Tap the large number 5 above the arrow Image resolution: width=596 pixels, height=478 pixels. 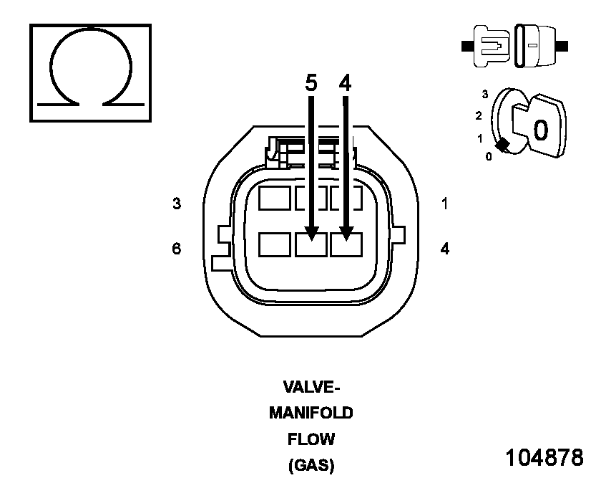311,84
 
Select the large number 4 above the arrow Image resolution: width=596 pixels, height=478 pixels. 346,84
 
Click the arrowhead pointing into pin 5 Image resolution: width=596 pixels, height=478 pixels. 311,232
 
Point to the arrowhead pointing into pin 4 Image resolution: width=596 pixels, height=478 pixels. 346,232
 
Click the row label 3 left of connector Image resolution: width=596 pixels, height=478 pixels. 177,204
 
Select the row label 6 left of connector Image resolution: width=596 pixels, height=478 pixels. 177,249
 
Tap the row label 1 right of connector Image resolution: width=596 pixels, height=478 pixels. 445,204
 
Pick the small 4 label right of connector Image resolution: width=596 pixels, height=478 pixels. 445,249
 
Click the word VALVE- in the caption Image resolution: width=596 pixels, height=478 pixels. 311,388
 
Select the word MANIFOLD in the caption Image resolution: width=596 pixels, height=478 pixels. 311,414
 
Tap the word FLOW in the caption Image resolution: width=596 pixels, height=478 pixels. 311,439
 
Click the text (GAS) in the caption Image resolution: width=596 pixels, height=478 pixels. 311,465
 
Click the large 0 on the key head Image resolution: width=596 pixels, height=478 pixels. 541,130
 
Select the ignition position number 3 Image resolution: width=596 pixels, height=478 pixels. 485,94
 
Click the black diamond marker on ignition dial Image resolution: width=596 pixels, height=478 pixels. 503,145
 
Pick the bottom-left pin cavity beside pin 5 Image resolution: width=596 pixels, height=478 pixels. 275,244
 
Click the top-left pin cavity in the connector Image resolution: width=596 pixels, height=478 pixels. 275,198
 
